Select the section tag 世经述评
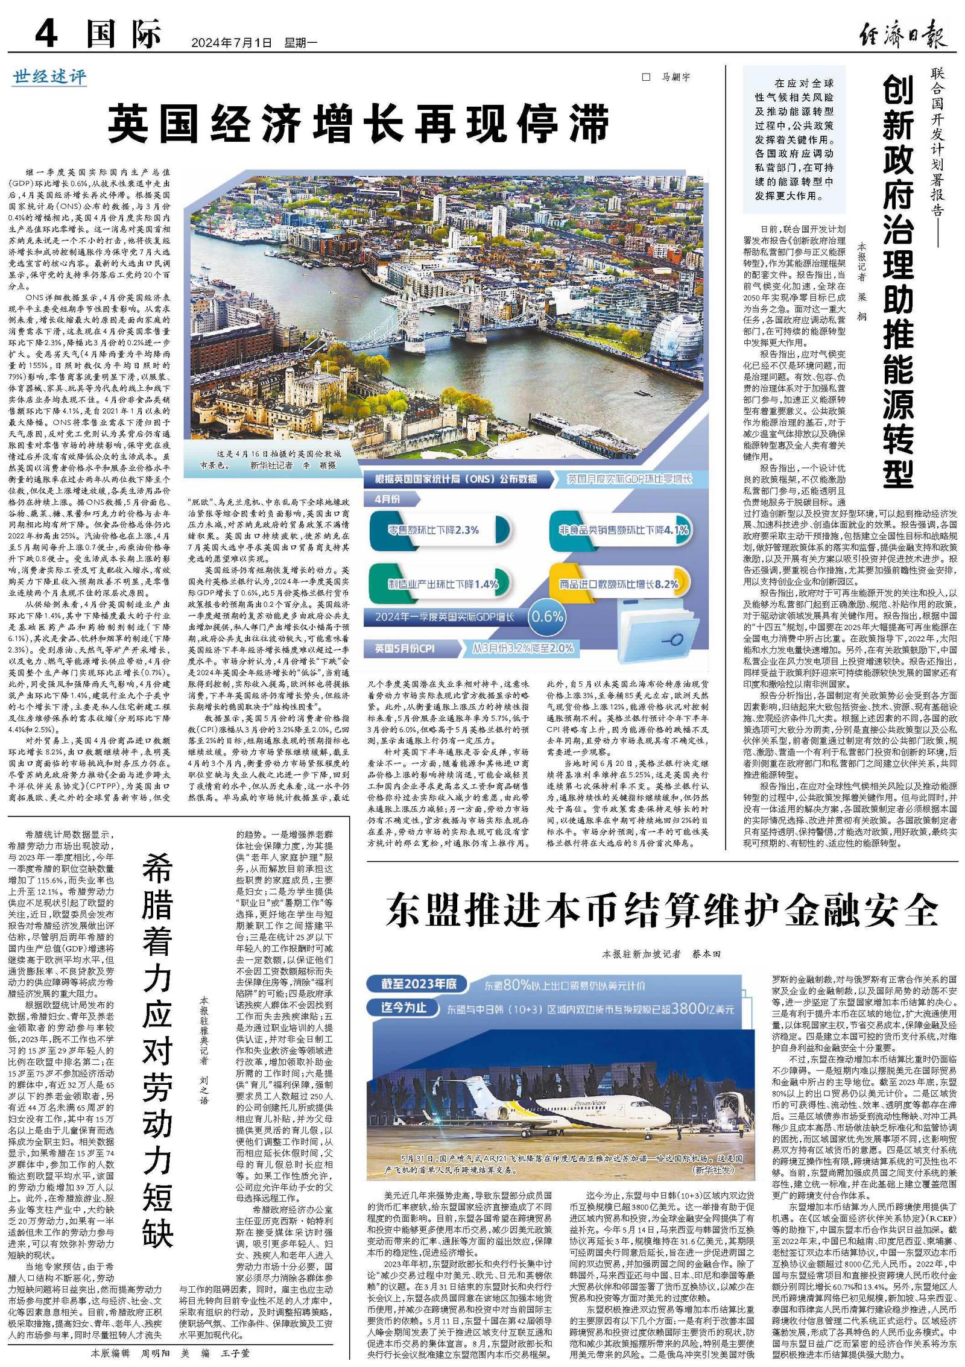click(x=49, y=77)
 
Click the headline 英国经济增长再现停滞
click(x=359, y=122)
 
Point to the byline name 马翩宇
click(x=675, y=77)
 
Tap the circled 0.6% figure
click(x=546, y=616)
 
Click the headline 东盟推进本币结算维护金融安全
click(x=661, y=910)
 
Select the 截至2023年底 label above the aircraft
click(x=418, y=984)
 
